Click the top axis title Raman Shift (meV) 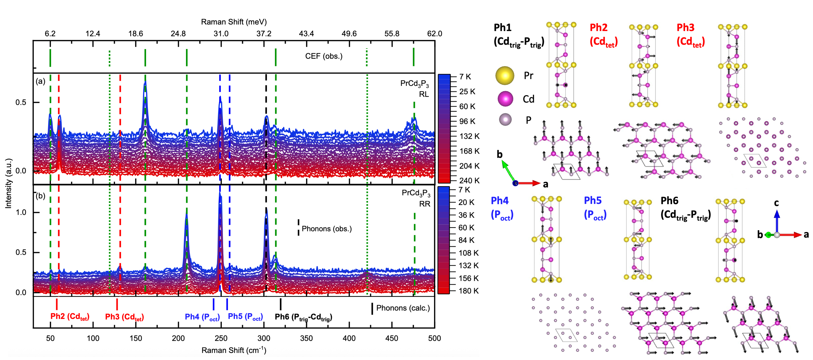[234, 22]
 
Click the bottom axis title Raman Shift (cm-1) [234, 350]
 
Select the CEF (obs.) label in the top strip [324, 56]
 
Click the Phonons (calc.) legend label [403, 308]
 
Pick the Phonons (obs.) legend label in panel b [327, 229]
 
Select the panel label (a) [40, 82]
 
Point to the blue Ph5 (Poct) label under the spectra [245, 317]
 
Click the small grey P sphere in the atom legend [505, 120]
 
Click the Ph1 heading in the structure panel [503, 27]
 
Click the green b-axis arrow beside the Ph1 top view [508, 171]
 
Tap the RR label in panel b [425, 204]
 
